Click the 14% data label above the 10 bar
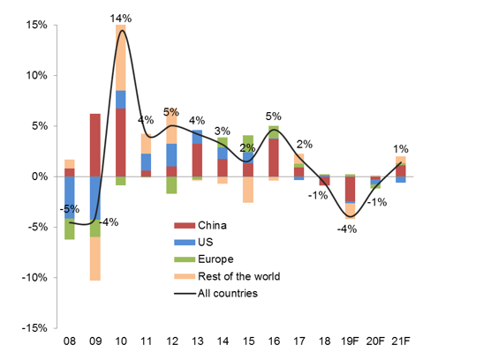tap(121, 18)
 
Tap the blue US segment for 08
tap(70, 196)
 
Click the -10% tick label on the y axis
tap(32, 278)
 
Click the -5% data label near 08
tap(70, 210)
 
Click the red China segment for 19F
tap(351, 188)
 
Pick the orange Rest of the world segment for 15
tap(248, 190)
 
